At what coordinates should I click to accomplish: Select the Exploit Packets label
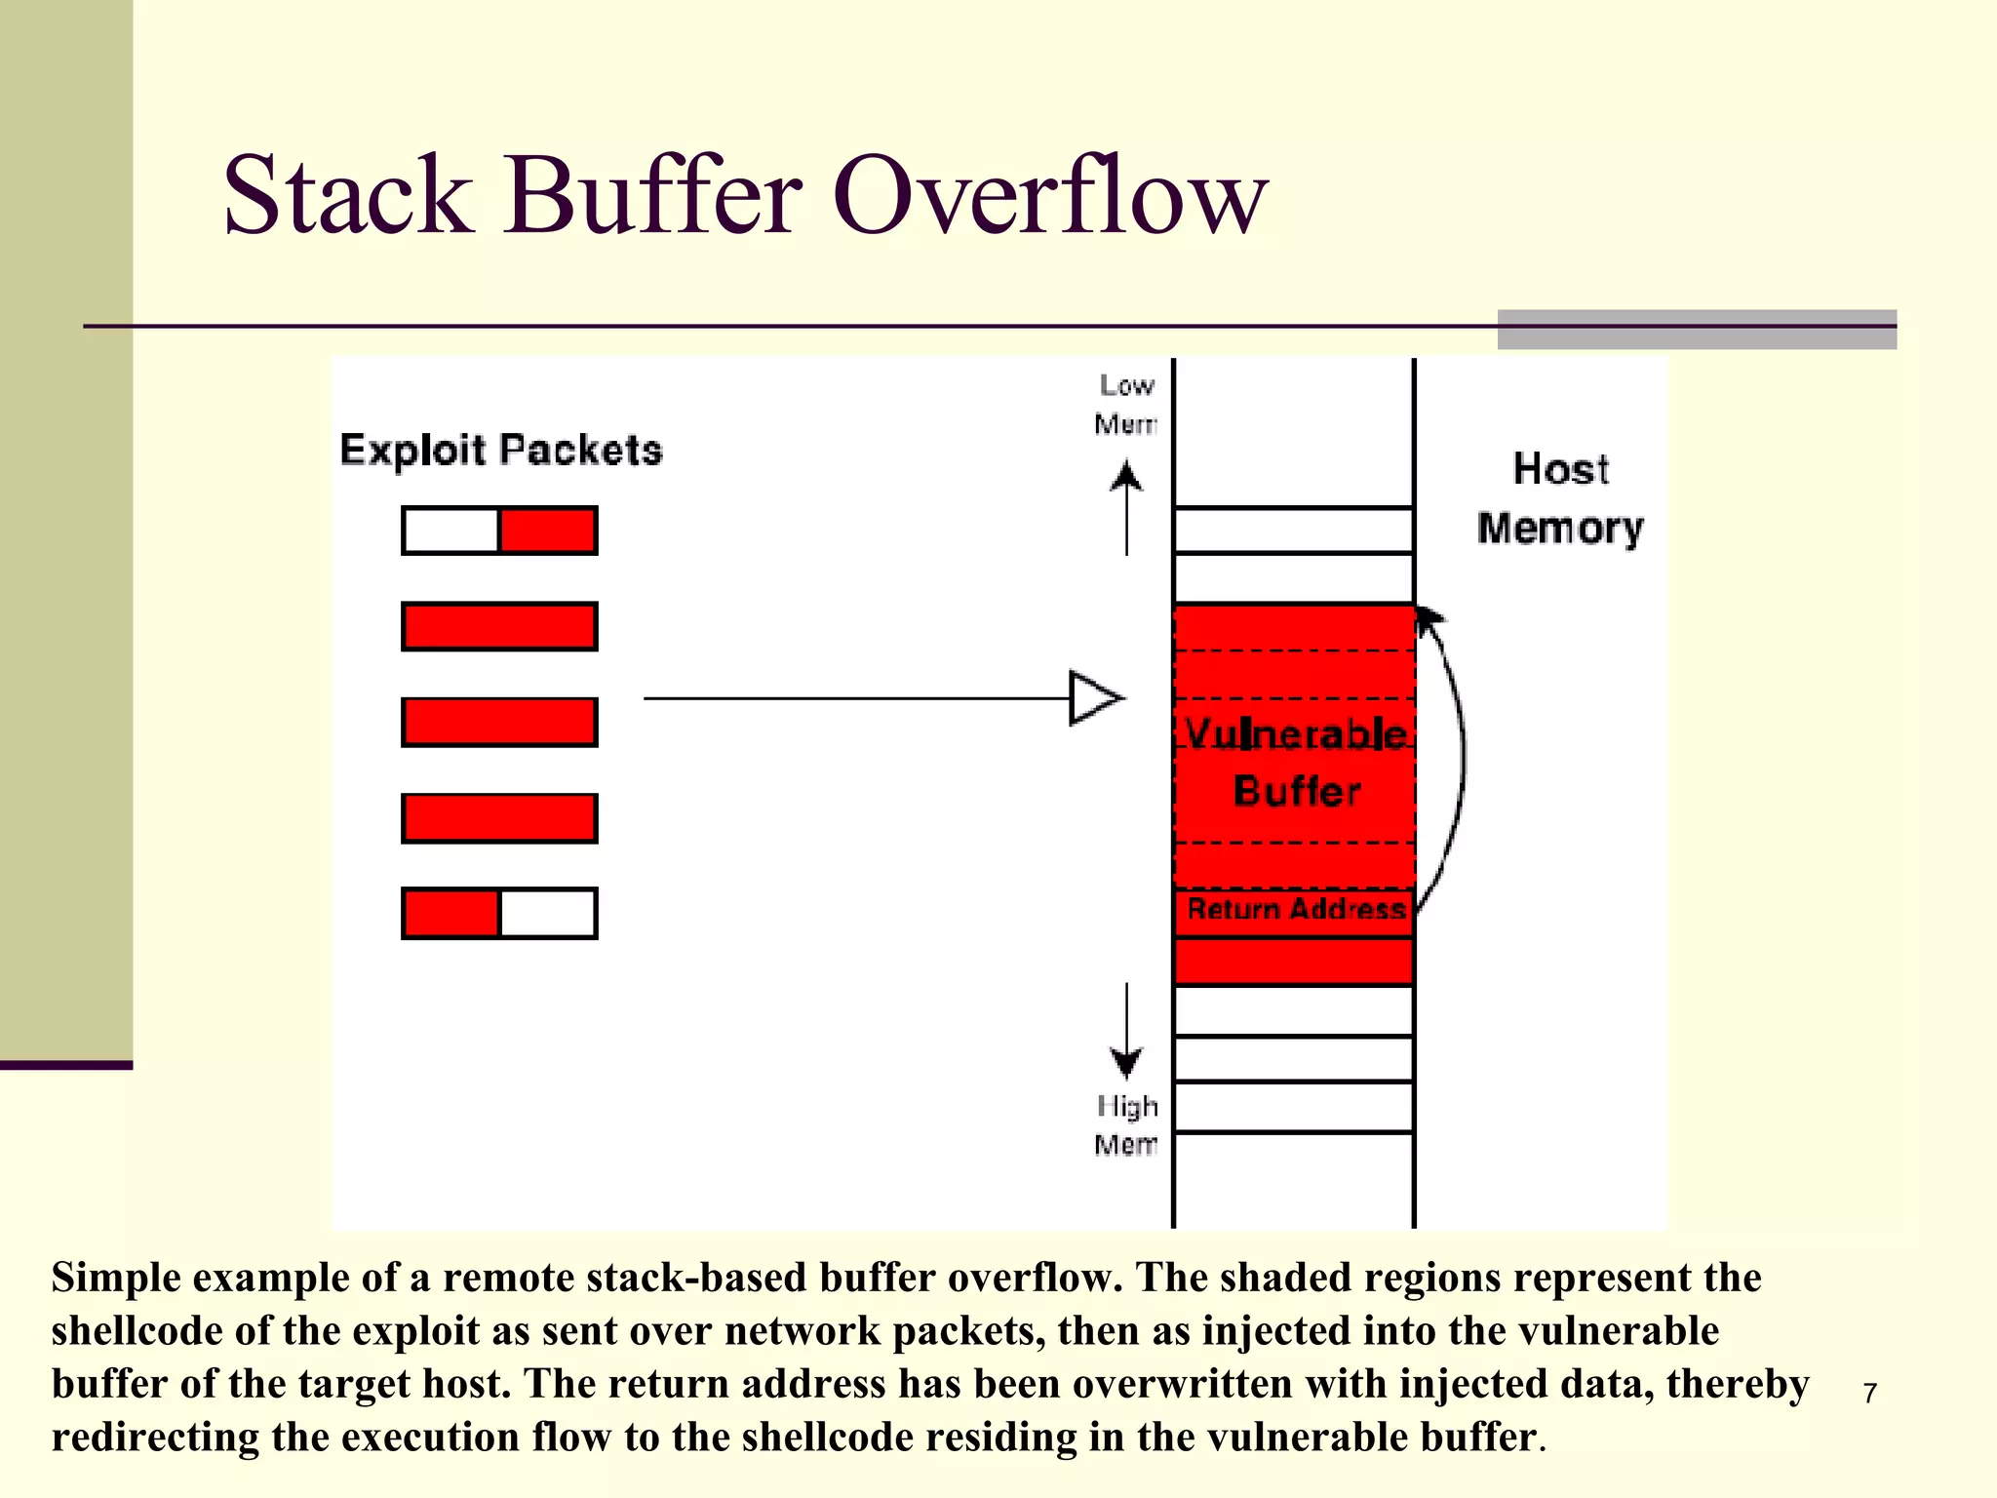500,451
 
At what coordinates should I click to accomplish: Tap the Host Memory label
1559,498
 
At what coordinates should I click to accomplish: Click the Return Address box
1294,910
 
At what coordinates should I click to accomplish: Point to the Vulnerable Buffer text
1296,762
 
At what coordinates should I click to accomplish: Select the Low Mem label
1126,404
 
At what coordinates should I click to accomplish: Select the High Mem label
1126,1124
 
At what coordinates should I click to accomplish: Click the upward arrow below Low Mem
1127,507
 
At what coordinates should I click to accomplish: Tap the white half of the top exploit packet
450,531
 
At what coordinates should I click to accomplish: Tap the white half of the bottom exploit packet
548,914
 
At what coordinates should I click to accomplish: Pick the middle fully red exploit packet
499,722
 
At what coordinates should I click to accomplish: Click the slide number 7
1869,1393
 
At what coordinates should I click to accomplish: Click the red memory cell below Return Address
1294,962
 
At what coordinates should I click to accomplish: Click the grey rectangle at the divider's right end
1697,330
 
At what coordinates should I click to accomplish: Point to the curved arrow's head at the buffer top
1429,618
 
